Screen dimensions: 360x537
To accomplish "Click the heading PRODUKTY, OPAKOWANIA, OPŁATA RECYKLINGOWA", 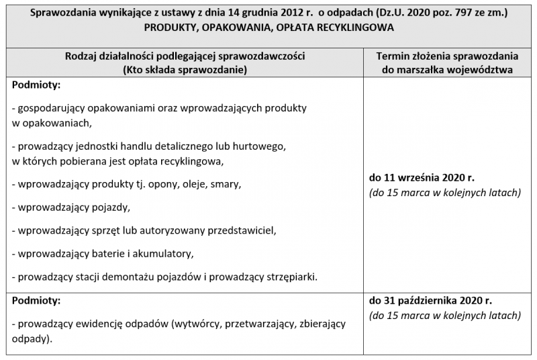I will (268, 28).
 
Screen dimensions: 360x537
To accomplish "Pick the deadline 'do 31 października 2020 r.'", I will (431, 300).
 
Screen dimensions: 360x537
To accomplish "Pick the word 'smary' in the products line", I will (226, 183).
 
